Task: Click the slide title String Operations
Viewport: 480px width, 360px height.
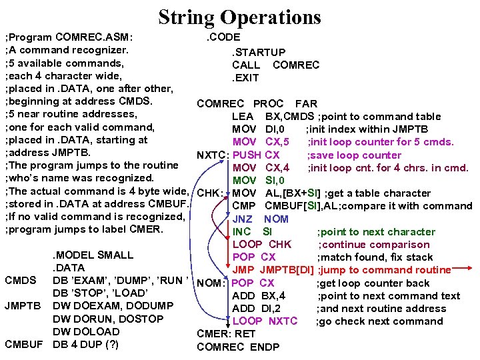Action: point(240,17)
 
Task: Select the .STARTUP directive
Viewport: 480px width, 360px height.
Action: point(259,52)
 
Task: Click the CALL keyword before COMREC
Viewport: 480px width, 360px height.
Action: point(246,65)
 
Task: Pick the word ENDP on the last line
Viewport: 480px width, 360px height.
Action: point(265,347)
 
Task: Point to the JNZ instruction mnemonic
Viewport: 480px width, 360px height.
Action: point(242,219)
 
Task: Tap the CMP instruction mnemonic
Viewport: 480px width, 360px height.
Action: point(243,206)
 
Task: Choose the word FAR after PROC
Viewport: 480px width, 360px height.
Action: point(306,103)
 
